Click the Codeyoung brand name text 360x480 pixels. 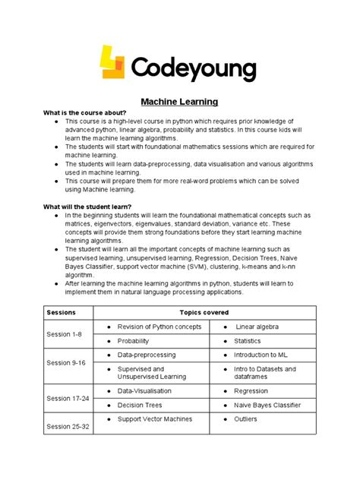(x=193, y=69)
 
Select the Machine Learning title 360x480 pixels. (x=180, y=102)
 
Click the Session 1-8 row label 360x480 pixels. (x=64, y=334)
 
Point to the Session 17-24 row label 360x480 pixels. (x=68, y=398)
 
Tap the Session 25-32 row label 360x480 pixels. (x=68, y=425)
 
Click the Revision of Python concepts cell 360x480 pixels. (x=159, y=327)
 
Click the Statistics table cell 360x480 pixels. (x=248, y=341)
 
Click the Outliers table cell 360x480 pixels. (x=246, y=418)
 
